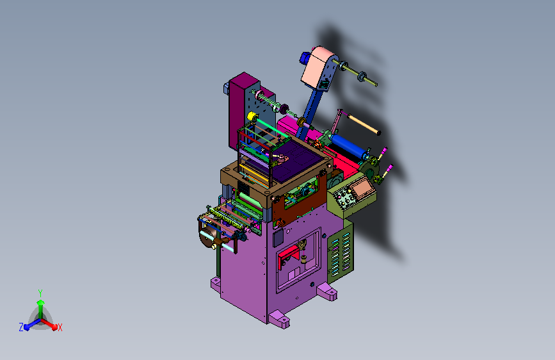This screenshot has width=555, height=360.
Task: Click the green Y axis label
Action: coord(40,293)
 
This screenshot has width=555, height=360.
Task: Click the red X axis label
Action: coord(60,327)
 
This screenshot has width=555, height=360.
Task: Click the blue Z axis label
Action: coord(21,327)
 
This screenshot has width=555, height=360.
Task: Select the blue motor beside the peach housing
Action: coord(305,58)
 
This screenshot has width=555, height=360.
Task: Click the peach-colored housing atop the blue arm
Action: coord(317,67)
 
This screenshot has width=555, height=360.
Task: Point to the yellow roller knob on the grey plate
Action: coord(252,116)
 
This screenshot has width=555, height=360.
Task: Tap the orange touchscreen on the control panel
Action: coord(362,188)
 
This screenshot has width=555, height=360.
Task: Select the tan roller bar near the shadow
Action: coord(364,124)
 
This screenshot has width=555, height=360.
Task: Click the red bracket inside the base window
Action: coord(289,256)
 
